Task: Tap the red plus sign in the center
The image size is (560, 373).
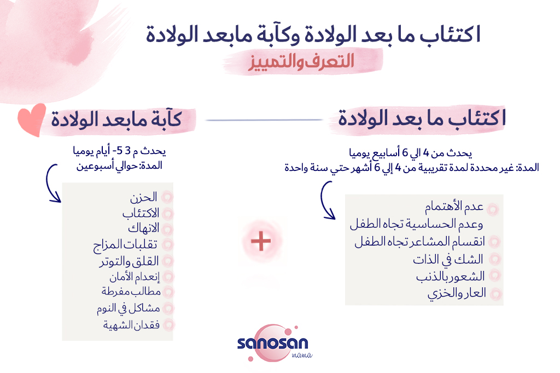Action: click(x=261, y=241)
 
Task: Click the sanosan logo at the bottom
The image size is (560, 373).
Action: click(x=274, y=344)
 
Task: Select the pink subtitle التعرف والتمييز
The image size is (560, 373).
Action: click(x=301, y=61)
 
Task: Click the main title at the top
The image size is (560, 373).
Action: click(x=313, y=34)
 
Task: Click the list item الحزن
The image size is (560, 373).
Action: click(x=144, y=197)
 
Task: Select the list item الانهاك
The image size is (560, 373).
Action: click(x=144, y=228)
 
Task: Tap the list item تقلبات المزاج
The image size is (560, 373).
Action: click(x=125, y=245)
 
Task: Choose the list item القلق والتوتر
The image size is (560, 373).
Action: click(x=129, y=262)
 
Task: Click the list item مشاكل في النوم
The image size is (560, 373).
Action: click(x=128, y=308)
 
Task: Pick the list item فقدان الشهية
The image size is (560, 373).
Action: click(x=131, y=325)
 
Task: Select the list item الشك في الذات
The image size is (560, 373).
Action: click(x=448, y=259)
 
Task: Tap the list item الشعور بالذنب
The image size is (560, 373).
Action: click(x=451, y=276)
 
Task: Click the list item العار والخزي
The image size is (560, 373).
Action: click(x=457, y=293)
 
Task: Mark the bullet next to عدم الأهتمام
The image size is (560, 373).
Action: click(x=493, y=209)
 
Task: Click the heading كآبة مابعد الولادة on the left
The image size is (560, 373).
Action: click(x=116, y=119)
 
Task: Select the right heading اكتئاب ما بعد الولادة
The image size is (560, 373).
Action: click(x=422, y=118)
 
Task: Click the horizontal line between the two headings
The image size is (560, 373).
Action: click(x=264, y=120)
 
